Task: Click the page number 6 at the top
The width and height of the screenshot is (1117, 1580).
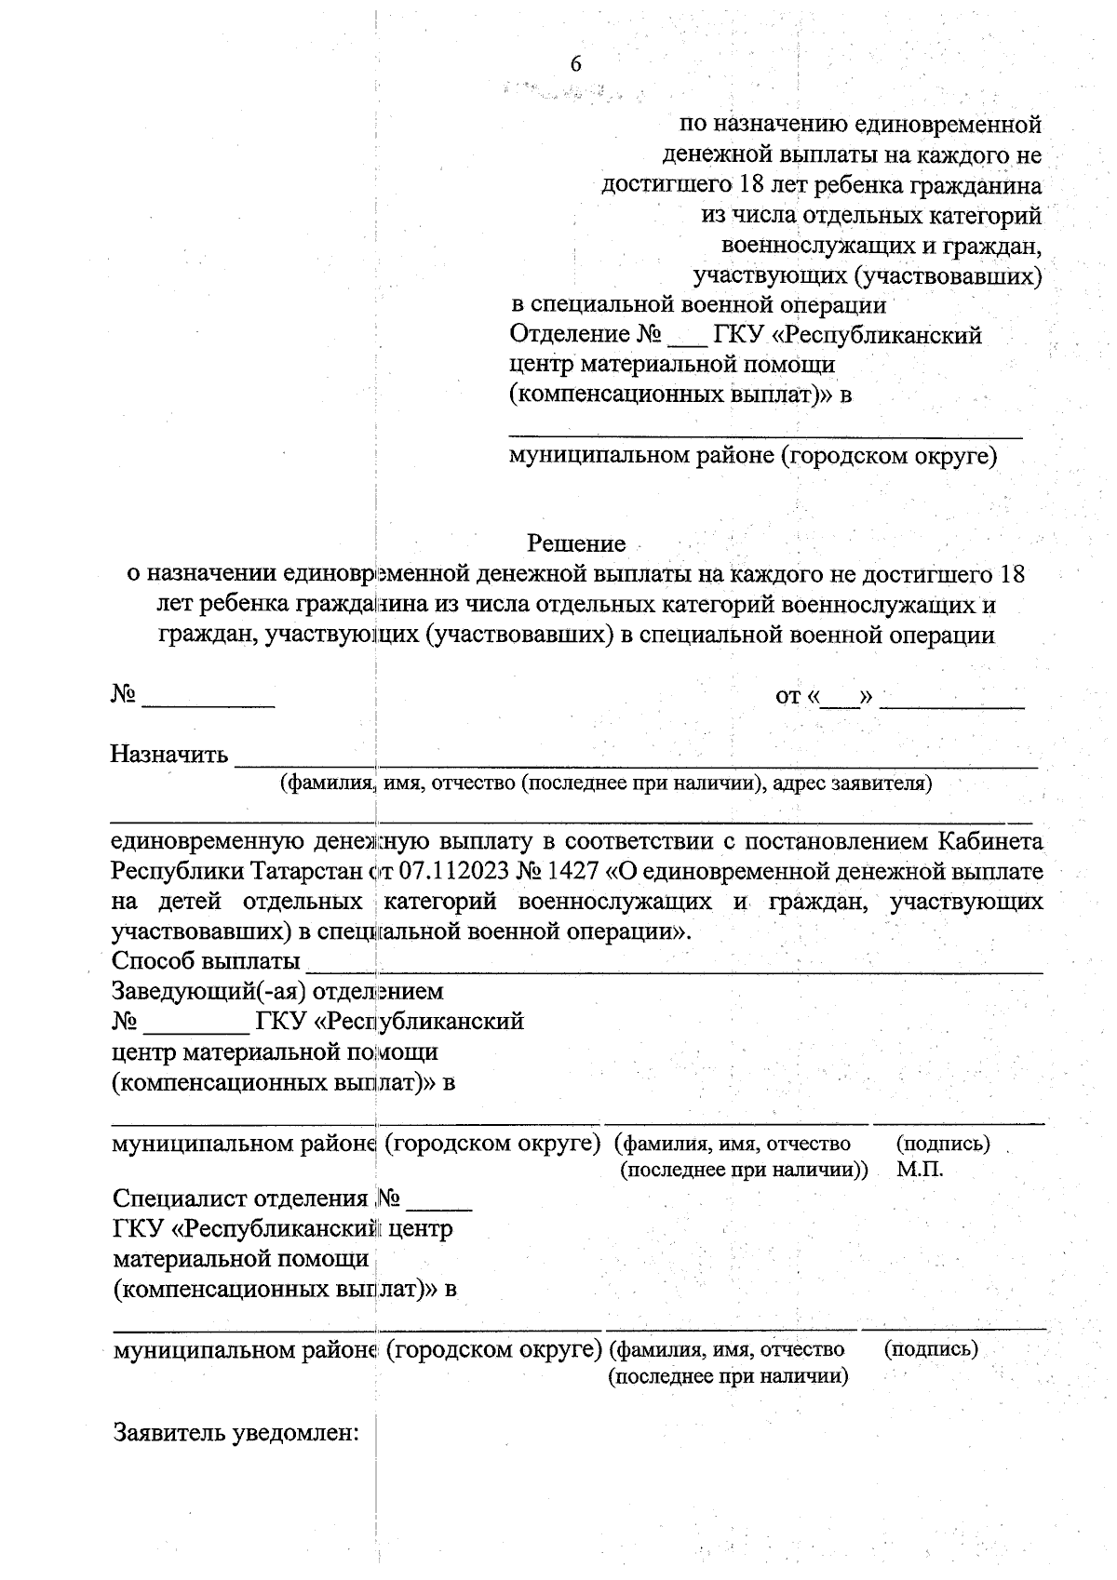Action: [575, 63]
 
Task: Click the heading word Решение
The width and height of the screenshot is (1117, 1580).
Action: [576, 542]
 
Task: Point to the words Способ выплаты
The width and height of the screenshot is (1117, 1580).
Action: [206, 960]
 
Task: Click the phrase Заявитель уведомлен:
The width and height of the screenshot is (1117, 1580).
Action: [236, 1433]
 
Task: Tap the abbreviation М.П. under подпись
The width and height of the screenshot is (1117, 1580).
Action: [920, 1170]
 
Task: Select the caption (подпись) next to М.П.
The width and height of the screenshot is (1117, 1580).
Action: [942, 1143]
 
